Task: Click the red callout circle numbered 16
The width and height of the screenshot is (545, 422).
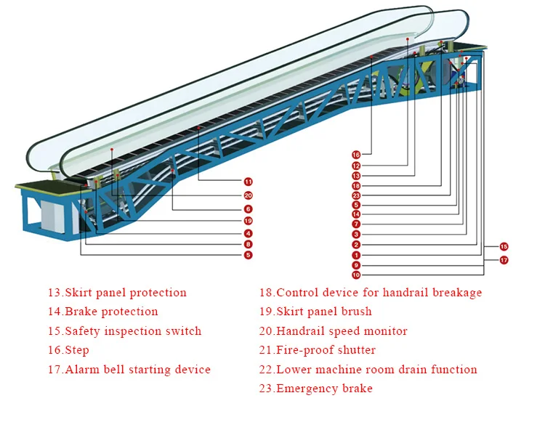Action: (356, 155)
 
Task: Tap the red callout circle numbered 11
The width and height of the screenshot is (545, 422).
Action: (248, 181)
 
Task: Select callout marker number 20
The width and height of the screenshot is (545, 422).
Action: (248, 195)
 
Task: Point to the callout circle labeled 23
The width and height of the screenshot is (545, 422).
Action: (356, 195)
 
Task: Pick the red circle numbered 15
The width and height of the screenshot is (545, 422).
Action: (504, 247)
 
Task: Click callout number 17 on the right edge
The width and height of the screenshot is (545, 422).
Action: (504, 260)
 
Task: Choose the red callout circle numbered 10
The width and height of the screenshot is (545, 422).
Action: (356, 275)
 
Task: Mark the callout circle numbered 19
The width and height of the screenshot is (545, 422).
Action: (248, 221)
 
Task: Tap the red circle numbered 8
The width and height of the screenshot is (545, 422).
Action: (248, 245)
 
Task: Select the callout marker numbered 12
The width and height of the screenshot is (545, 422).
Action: (356, 166)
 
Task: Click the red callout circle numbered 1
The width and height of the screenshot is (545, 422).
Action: (356, 255)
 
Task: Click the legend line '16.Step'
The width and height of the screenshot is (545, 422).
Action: (68, 350)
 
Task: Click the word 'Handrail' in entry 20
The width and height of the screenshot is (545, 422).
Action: (301, 331)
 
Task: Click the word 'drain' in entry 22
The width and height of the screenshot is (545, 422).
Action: (408, 370)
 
